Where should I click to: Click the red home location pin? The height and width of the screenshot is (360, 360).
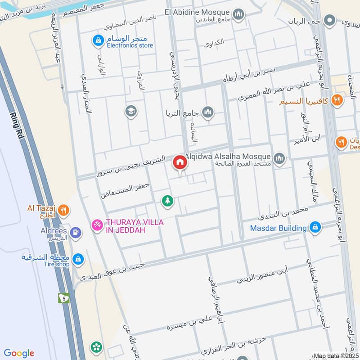(x=180, y=162)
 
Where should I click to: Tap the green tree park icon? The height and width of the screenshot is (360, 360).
(x=167, y=201)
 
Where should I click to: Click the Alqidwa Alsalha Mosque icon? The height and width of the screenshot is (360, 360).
(x=279, y=158)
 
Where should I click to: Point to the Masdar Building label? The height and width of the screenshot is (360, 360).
(x=279, y=228)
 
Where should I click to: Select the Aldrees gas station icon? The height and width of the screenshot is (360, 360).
(x=75, y=232)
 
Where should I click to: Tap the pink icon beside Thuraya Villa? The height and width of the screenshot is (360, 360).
(x=96, y=225)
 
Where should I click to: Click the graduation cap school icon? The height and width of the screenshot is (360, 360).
(x=131, y=111)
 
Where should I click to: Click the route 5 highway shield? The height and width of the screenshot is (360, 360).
(x=63, y=298)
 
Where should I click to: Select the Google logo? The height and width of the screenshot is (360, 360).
(x=19, y=353)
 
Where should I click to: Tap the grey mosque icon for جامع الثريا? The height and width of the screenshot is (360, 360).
(x=207, y=112)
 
